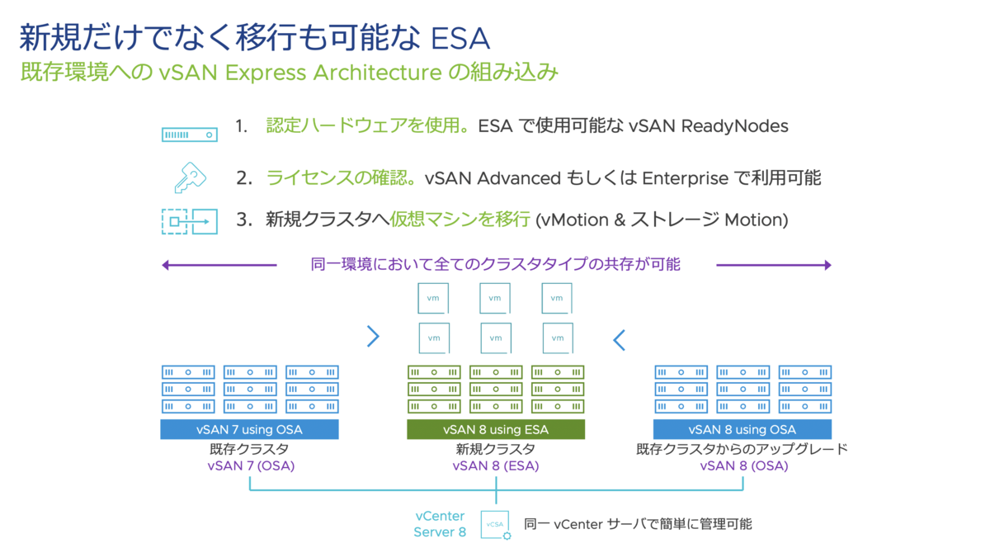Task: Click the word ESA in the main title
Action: click(x=461, y=37)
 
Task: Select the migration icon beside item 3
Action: click(x=189, y=221)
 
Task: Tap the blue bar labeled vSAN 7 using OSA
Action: click(x=249, y=429)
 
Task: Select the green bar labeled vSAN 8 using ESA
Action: click(x=495, y=429)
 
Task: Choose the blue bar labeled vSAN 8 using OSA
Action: click(x=742, y=429)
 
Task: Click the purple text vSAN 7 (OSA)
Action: click(x=251, y=465)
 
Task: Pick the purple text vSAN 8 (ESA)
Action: click(x=495, y=465)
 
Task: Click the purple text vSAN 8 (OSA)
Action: click(x=743, y=465)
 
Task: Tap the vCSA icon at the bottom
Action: click(x=496, y=525)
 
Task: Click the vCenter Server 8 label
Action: click(x=440, y=524)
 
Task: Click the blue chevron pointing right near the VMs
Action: click(x=373, y=336)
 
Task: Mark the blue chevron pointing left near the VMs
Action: click(x=619, y=339)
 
